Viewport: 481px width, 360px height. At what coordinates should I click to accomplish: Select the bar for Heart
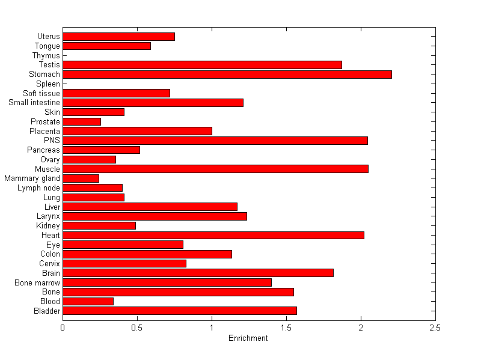[213, 235]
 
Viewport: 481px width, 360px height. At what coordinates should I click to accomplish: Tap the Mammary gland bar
[81, 178]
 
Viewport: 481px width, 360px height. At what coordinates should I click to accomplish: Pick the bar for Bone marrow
[167, 282]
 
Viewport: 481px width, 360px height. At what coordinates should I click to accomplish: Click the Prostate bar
[82, 122]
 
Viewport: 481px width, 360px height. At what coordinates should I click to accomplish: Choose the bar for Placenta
[137, 131]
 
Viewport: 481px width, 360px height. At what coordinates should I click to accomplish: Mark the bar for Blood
[88, 301]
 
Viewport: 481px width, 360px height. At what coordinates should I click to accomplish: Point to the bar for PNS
[215, 141]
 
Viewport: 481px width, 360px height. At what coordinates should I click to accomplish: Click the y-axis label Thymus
[46, 56]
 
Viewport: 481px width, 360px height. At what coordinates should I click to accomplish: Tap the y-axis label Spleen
[48, 84]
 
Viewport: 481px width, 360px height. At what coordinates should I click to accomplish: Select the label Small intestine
[34, 103]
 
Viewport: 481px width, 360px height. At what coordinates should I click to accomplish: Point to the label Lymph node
[39, 188]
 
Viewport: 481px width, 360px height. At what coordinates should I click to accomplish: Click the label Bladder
[47, 311]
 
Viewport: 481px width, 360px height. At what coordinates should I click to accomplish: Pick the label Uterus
[49, 37]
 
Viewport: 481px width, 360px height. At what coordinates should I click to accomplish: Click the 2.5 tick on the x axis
[435, 328]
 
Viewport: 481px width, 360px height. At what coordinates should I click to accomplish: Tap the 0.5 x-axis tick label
[137, 328]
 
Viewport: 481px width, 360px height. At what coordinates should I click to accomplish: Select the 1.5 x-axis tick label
[286, 328]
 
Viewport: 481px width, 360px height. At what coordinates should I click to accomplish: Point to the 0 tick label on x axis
[63, 328]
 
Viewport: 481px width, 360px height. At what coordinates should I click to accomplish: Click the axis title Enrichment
[248, 338]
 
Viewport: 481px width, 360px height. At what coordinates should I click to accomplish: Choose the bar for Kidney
[99, 226]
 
